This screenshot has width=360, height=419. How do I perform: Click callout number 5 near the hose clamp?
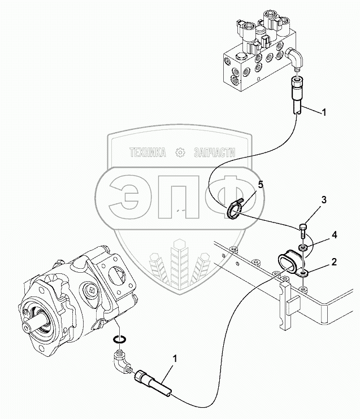coord(261,185)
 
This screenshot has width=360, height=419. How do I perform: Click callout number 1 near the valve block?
coord(324,113)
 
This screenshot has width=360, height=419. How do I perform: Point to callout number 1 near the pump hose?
coord(175,359)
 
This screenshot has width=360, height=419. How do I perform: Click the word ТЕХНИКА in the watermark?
coord(148,152)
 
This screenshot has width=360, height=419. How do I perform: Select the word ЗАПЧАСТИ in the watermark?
coord(215,152)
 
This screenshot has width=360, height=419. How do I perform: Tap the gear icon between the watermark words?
coord(181,152)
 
